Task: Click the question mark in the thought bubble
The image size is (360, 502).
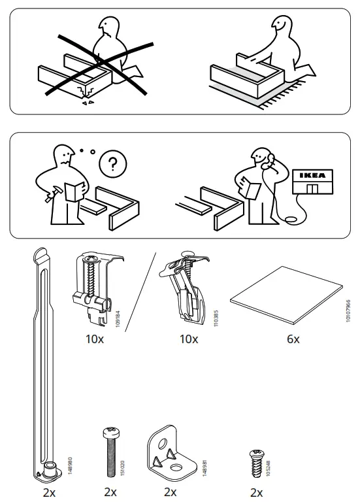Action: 112,164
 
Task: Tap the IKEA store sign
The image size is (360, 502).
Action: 313,175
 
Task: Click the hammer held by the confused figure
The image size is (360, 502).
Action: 50,194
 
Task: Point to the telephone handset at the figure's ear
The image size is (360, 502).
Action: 269,161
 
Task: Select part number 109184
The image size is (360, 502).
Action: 118,318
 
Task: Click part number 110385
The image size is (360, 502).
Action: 216,318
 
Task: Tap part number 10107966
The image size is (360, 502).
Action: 348,311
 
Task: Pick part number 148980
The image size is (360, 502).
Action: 70,465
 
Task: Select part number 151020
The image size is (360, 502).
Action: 123,468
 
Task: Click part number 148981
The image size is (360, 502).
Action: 205,468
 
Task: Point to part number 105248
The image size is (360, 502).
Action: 268,468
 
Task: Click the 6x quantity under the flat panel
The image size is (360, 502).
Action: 293,339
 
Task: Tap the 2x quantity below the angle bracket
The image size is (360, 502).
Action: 171,492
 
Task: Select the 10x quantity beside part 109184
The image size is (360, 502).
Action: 95,339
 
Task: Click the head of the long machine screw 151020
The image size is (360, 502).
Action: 112,433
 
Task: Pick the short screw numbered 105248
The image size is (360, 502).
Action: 257,463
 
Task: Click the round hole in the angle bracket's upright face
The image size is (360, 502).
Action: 162,444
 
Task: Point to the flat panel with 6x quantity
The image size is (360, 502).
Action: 286,295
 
